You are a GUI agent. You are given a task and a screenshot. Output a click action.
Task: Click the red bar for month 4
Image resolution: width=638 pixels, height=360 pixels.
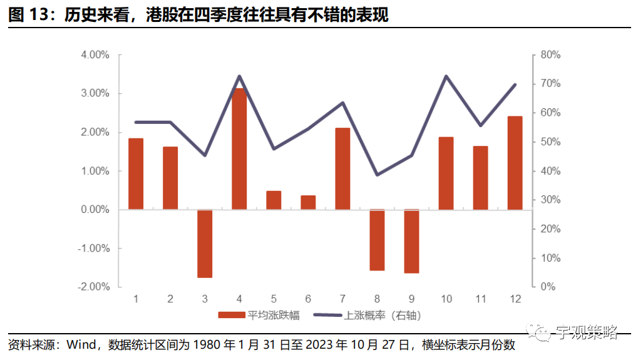click(x=239, y=149)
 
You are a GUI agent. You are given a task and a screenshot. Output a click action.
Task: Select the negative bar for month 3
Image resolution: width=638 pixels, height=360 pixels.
click(x=205, y=244)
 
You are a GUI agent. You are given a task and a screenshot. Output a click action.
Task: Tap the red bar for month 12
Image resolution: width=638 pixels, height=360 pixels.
click(x=515, y=163)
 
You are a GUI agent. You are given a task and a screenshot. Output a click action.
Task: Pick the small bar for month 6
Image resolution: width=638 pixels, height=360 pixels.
click(x=308, y=203)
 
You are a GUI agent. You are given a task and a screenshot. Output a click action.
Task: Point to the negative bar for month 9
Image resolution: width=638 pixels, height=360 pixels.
click(x=411, y=241)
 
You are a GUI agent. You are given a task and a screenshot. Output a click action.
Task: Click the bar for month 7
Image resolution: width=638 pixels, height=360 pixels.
click(x=342, y=169)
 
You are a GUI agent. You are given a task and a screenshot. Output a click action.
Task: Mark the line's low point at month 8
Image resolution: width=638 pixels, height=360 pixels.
click(x=377, y=175)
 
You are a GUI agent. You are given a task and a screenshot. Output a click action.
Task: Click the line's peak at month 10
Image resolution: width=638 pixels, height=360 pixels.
click(x=446, y=76)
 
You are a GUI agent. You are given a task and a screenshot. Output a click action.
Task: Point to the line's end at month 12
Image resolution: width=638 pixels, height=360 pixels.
click(x=515, y=85)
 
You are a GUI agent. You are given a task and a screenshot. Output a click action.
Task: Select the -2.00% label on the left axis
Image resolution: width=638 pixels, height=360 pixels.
click(x=94, y=286)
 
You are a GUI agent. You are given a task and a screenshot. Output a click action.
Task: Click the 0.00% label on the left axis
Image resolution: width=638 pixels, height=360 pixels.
click(x=95, y=210)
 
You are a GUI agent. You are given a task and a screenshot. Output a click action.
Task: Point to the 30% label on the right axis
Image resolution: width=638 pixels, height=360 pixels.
click(x=550, y=200)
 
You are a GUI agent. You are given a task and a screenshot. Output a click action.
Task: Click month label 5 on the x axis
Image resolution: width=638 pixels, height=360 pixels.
click(x=274, y=299)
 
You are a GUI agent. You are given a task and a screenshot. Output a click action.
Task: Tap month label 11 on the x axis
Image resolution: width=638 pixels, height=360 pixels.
click(x=480, y=299)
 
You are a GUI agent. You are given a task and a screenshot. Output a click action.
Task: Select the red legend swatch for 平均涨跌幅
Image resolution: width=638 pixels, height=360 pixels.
click(x=232, y=316)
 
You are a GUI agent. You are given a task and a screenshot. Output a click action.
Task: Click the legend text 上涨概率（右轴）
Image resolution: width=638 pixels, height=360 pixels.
click(x=383, y=316)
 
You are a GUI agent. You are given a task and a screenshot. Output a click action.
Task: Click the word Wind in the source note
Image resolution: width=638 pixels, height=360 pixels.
click(x=81, y=345)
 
